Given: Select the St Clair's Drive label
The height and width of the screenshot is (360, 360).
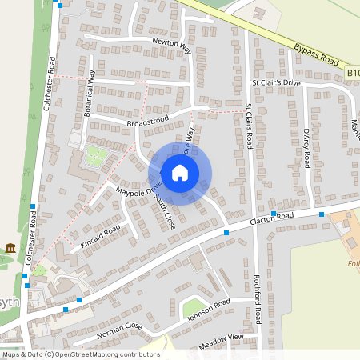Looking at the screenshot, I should [276, 82].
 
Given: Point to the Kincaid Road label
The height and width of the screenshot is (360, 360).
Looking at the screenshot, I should [100, 234].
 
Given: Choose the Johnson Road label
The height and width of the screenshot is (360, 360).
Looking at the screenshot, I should [210, 307].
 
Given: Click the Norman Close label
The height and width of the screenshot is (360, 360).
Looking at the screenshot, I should [119, 330].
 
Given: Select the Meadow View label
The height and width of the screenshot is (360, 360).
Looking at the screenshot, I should [223, 339].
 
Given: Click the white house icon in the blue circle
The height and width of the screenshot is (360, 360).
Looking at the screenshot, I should [180, 173].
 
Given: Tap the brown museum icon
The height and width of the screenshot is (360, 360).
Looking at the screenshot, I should [10, 248].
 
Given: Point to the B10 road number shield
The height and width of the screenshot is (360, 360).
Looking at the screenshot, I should [353, 73].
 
